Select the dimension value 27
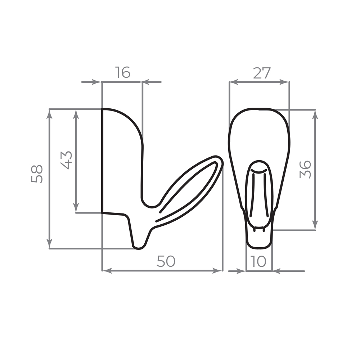[x=262, y=73]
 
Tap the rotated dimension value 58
[x=37, y=174]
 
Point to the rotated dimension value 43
[x=66, y=160]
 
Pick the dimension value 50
[x=166, y=261]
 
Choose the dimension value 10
[x=258, y=261]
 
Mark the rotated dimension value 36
[x=305, y=170]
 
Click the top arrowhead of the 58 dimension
[x=49, y=114]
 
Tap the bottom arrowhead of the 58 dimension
[x=49, y=244]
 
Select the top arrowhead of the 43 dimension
[x=76, y=114]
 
